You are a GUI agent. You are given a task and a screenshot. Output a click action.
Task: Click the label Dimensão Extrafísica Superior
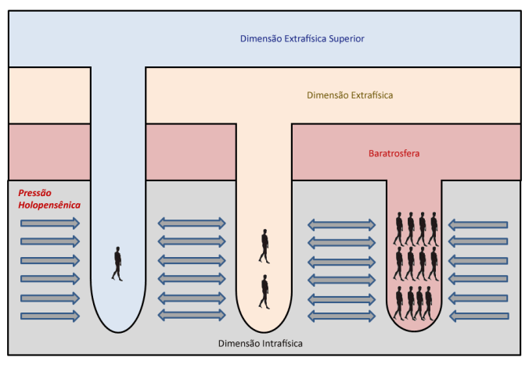303,38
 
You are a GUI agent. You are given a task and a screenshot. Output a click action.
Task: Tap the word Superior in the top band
346,38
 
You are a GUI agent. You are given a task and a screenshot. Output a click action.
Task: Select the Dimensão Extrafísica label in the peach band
350,95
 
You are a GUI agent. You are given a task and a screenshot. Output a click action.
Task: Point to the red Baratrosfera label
394,153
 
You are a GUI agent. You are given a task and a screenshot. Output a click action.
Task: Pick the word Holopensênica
49,205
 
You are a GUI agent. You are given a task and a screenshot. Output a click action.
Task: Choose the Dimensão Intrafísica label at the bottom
261,343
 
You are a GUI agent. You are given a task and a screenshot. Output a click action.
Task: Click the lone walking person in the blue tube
117,263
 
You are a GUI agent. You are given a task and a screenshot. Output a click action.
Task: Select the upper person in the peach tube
264,245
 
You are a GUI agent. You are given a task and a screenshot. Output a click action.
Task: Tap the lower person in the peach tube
264,291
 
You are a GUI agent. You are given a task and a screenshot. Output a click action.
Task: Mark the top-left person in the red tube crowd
398,228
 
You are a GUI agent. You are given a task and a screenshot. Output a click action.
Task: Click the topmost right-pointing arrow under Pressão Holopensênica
50,223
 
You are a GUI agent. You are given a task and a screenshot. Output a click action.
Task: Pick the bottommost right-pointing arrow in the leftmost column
50,316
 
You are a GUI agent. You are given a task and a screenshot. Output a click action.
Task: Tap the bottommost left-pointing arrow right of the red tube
478,316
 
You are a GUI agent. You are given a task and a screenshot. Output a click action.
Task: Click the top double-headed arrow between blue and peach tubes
193,223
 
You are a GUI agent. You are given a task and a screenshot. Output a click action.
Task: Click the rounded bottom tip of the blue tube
118,327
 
